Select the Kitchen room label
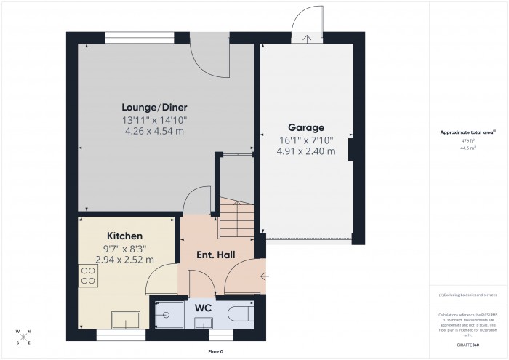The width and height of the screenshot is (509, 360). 124,236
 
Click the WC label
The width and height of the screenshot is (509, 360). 203,308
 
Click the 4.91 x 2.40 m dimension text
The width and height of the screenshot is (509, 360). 305,151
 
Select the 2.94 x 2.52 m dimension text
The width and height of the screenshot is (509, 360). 124,260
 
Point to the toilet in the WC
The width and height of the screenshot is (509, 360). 239,313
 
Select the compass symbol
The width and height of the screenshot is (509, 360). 23,337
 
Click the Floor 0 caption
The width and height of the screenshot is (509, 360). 215,352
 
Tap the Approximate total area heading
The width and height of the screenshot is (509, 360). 467,132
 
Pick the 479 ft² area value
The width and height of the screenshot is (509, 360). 468,141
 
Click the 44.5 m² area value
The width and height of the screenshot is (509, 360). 468,148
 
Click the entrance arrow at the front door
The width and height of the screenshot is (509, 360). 263,276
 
